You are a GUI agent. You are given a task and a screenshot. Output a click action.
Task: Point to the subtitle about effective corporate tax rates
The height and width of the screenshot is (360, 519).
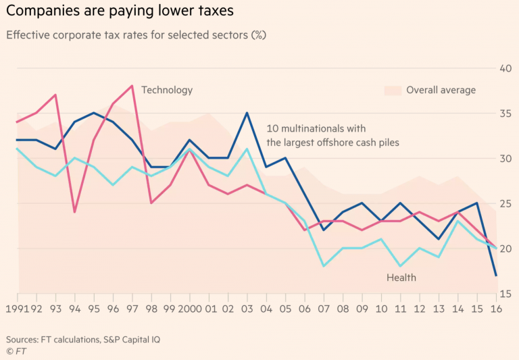point(135,35)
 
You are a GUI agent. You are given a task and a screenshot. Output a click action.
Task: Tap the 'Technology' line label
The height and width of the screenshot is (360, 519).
point(167,90)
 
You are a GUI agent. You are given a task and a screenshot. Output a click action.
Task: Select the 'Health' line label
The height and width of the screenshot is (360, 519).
point(401,278)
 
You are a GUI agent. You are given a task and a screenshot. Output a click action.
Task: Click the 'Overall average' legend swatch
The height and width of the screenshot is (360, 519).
point(393,90)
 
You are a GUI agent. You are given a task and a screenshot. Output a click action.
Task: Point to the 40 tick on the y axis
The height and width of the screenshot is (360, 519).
point(504,68)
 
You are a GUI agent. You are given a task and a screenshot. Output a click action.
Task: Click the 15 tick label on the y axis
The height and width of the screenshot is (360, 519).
point(504,294)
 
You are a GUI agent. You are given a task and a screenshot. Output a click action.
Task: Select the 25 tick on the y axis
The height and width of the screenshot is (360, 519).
point(504,203)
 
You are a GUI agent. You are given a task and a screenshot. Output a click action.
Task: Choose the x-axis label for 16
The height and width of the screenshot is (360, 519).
point(495,309)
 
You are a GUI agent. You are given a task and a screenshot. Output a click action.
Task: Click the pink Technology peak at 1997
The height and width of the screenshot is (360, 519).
point(132,86)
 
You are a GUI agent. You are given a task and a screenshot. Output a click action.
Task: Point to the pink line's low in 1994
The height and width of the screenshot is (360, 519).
point(74,212)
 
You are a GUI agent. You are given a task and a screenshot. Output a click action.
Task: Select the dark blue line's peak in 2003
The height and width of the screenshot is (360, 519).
point(247,113)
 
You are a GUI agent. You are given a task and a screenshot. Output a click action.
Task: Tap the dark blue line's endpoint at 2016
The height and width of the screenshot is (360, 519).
point(495,275)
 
